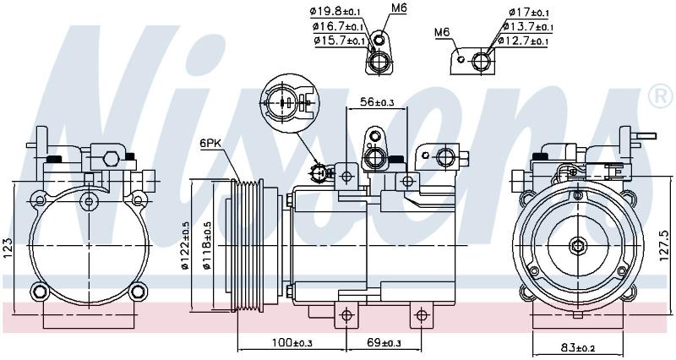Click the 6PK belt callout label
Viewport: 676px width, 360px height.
click(x=210, y=143)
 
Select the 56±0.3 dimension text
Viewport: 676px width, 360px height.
click(x=377, y=102)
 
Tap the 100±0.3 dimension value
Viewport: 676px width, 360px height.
click(x=292, y=343)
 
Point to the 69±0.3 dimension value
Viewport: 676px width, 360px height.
click(x=384, y=343)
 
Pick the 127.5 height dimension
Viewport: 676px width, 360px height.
click(x=665, y=246)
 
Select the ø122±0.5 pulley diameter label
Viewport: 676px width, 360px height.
click(x=186, y=246)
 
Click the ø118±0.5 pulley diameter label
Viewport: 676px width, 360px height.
click(x=207, y=246)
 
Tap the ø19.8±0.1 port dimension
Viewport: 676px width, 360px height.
click(x=335, y=11)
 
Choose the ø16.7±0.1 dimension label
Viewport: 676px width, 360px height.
click(x=340, y=27)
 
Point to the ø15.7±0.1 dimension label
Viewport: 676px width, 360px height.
click(x=341, y=41)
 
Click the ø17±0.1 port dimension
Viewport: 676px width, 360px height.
click(x=529, y=12)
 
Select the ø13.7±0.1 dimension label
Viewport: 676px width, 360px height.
click(x=527, y=27)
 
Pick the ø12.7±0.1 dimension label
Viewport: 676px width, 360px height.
click(x=522, y=41)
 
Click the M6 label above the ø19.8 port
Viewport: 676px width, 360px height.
click(x=399, y=8)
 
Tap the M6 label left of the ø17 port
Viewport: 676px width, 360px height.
click(x=442, y=32)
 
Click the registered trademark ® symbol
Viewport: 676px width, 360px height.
click(x=660, y=97)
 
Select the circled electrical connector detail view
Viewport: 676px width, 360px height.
click(x=289, y=103)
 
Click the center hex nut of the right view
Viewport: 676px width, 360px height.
click(x=577, y=246)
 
